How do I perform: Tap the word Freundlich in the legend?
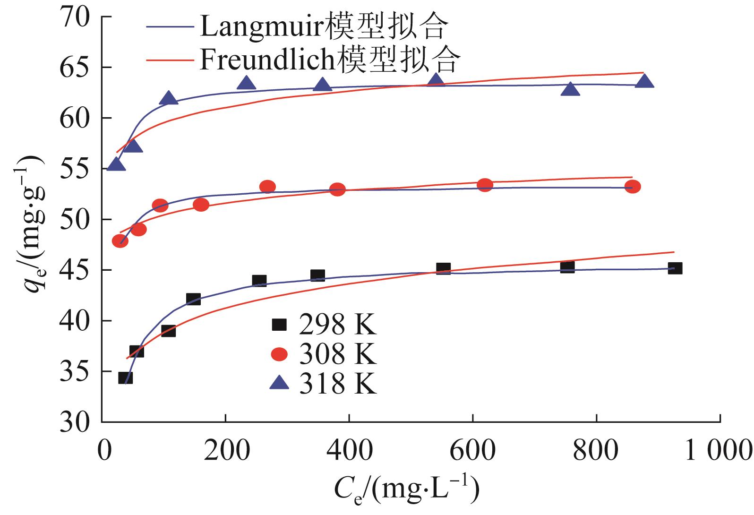pos(267,60)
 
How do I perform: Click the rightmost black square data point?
pos(675,268)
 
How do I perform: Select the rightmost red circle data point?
pos(632,187)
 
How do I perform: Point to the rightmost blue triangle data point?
pos(644,81)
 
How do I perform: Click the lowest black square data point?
pos(125,378)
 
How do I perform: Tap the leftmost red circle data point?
pos(120,241)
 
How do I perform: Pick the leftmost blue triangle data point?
pos(116,164)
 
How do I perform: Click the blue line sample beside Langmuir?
pos(170,27)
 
